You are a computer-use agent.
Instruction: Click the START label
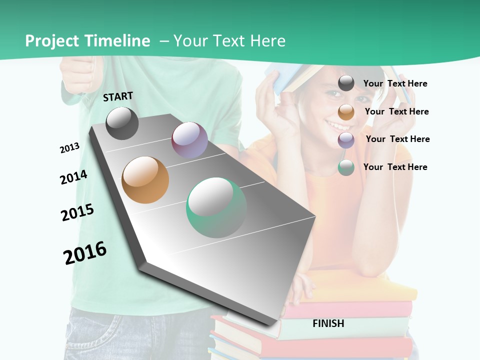point(118,96)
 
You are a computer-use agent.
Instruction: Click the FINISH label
point(328,323)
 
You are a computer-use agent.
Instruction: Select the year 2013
point(69,148)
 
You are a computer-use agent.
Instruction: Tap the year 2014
point(73,177)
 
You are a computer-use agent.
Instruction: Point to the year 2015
point(77,212)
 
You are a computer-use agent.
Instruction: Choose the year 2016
point(85,252)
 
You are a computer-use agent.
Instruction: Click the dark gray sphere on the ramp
point(122,123)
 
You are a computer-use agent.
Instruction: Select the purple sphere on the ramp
point(189,139)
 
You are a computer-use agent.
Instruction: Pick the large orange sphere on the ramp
point(145,180)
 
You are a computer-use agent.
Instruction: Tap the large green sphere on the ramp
point(216,207)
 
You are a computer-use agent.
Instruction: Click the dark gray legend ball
point(346,83)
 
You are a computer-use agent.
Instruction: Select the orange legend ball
point(346,112)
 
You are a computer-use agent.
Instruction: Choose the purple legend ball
point(346,140)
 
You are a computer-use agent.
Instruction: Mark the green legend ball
point(346,167)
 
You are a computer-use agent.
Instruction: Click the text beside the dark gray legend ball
point(395,83)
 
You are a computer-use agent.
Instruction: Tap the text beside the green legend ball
point(395,167)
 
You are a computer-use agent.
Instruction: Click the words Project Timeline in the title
point(87,41)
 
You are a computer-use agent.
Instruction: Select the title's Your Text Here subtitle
point(229,41)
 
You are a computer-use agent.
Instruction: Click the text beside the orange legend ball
point(396,111)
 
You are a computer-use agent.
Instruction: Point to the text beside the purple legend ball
point(397,139)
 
